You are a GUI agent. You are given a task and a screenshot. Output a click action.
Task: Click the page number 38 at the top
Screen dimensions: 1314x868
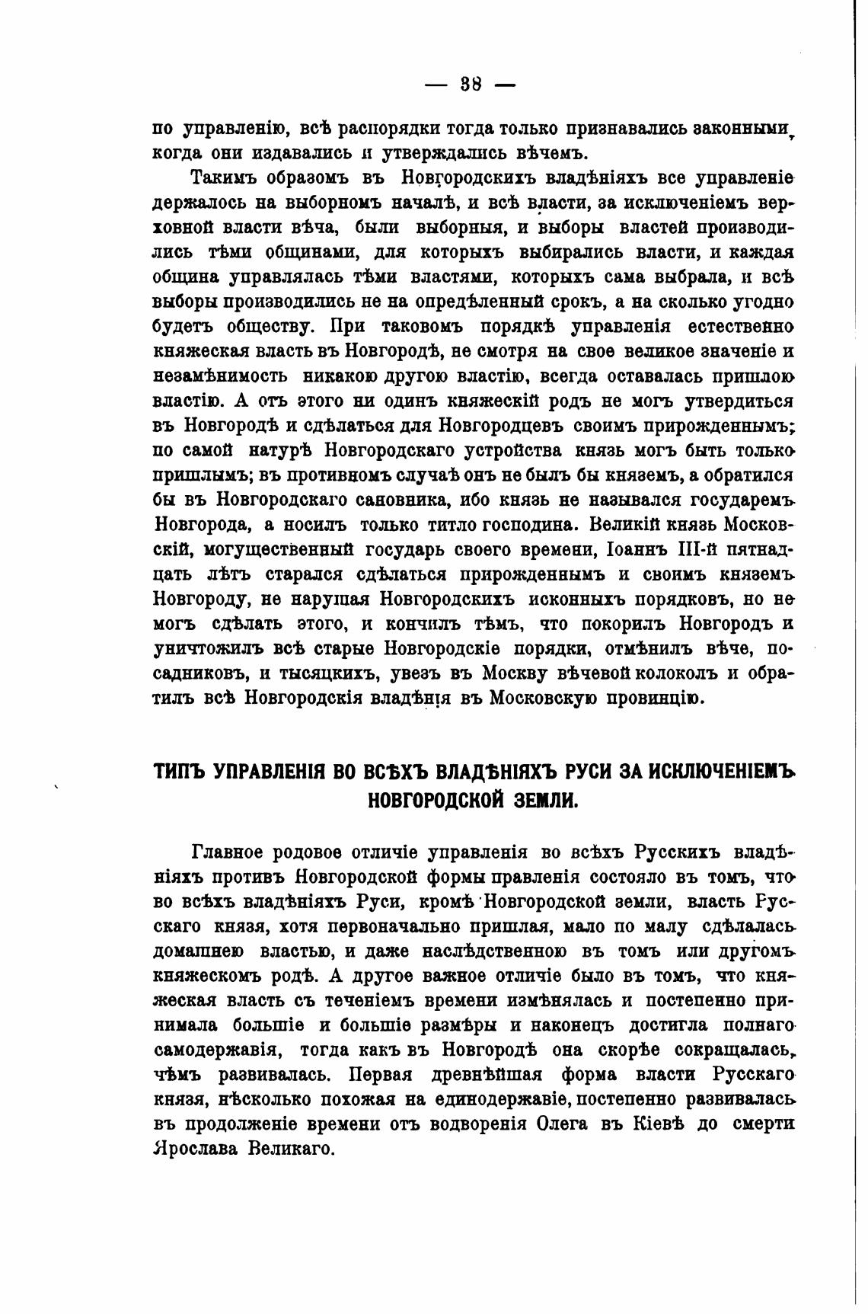tap(471, 84)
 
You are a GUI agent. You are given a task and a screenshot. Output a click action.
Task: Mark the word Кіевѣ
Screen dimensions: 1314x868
tap(665, 1124)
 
